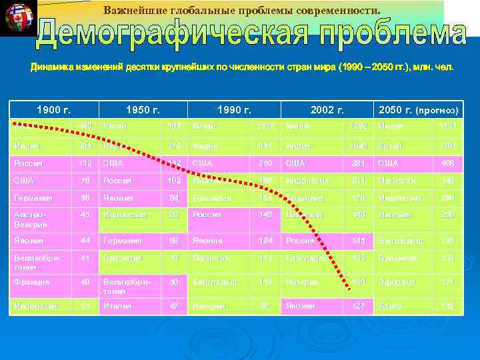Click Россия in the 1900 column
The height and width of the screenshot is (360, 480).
tap(29, 163)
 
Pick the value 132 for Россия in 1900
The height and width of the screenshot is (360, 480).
tap(84, 163)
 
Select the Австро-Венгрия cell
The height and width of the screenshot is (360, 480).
tap(31, 219)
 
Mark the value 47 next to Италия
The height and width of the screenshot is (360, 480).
tap(174, 305)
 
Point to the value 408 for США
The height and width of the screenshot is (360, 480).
tap(446, 163)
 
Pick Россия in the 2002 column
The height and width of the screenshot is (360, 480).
tap(299, 241)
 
